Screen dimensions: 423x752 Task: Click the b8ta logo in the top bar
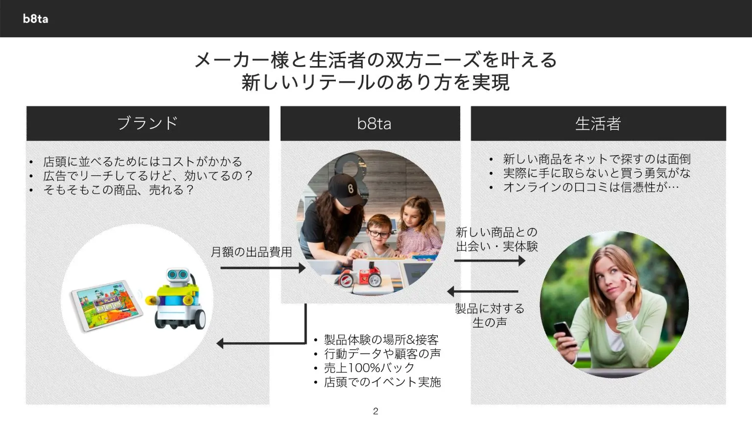(x=35, y=19)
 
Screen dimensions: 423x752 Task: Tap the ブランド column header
(x=147, y=123)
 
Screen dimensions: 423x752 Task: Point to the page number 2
(x=376, y=411)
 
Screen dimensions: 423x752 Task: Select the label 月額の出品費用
(x=251, y=252)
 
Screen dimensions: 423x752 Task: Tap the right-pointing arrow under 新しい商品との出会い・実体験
(x=489, y=260)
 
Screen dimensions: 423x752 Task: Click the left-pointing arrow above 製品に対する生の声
(x=483, y=292)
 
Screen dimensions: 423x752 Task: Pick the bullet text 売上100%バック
(x=369, y=368)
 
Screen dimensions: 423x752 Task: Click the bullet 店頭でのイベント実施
(x=382, y=382)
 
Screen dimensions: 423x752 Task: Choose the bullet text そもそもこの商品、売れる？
(x=118, y=190)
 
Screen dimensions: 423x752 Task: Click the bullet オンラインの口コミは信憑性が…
(x=590, y=187)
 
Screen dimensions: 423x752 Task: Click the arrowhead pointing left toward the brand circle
(x=220, y=343)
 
